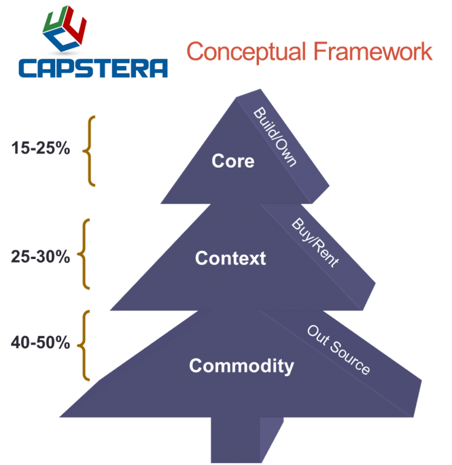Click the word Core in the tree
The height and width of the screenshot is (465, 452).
point(233,161)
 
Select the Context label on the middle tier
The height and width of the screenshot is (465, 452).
point(231,258)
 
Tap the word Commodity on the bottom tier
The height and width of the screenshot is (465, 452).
point(241,366)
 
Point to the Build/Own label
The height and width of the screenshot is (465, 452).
point(274,137)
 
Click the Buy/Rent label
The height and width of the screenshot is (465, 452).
point(315,243)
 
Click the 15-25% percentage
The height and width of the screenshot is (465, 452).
point(41,148)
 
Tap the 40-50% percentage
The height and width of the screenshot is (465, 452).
point(41,343)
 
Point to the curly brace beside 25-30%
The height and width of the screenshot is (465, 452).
point(86,254)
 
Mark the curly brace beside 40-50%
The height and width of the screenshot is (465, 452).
point(86,345)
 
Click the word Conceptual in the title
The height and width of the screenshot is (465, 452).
point(247,52)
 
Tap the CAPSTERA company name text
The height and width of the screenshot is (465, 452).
point(93,67)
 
